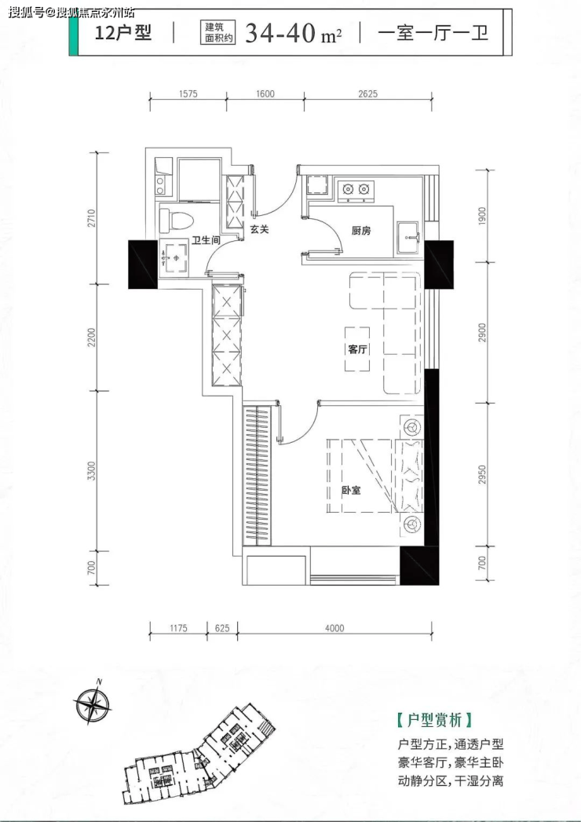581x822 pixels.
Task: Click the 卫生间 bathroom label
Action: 206,240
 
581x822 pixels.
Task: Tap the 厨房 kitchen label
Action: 361,230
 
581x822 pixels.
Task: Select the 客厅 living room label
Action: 357,349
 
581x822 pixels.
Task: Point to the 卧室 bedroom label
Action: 351,491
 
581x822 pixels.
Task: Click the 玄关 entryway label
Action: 259,229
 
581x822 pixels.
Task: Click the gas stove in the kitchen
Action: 355,188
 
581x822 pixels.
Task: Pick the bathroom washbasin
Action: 174,258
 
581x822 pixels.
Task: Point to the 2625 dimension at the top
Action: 367,94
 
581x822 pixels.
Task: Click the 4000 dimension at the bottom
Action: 334,628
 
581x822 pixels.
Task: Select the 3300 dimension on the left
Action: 93,471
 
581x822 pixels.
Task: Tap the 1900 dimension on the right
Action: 482,217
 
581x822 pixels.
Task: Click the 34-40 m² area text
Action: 294,33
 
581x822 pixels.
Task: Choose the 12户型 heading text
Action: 123,33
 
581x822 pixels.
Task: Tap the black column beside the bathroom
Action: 143,265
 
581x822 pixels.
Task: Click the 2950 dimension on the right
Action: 482,474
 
